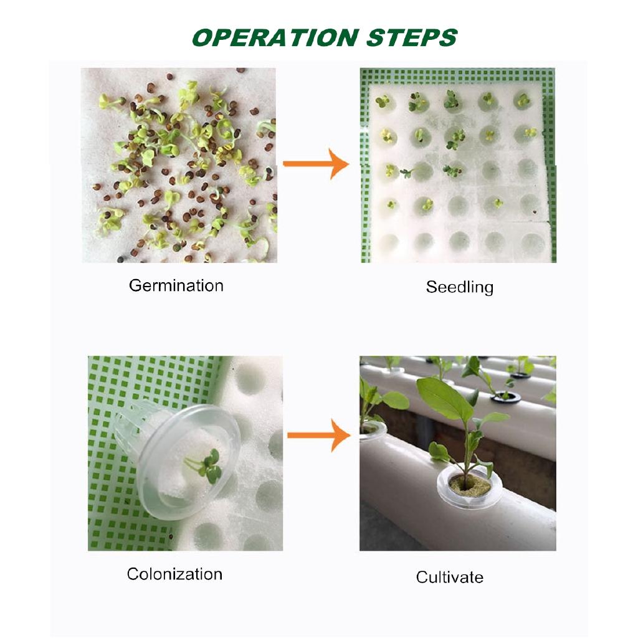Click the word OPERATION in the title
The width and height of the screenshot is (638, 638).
tap(275, 38)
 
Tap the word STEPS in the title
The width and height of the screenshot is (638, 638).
tap(412, 38)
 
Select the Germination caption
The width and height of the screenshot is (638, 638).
tap(176, 286)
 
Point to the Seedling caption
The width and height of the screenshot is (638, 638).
tap(460, 287)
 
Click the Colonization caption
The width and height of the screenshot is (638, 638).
tap(174, 574)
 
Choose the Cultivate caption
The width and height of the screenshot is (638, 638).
tap(450, 577)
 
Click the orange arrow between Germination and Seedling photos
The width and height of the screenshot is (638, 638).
tap(316, 164)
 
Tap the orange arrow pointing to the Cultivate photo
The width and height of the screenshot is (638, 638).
tap(318, 436)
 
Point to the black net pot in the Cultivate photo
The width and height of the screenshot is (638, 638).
tap(505, 397)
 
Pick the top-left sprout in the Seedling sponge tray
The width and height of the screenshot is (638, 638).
tap(383, 102)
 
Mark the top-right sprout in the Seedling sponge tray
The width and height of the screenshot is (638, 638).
tap(523, 100)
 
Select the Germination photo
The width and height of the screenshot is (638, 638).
tap(179, 165)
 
